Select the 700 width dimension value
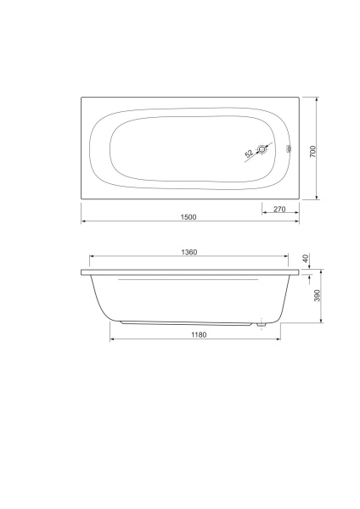312,150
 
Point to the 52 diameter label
249,154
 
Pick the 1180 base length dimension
197,335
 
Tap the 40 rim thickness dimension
307,258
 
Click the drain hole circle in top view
262,151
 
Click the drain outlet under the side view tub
262,323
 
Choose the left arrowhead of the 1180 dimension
112,340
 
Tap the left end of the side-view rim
82,273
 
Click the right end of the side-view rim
299,273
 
